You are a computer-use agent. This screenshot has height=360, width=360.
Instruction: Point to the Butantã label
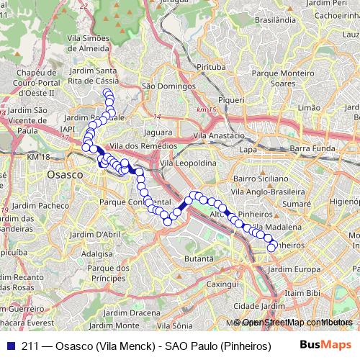(199, 258)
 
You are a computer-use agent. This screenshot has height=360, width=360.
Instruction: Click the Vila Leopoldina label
(189, 163)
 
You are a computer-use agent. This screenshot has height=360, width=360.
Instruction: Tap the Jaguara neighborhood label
(158, 132)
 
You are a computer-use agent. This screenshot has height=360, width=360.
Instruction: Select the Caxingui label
(222, 284)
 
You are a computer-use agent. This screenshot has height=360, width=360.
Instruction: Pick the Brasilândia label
(271, 22)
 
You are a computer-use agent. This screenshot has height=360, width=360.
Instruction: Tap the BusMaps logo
(325, 346)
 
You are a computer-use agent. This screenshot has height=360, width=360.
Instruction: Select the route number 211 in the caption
(30, 346)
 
